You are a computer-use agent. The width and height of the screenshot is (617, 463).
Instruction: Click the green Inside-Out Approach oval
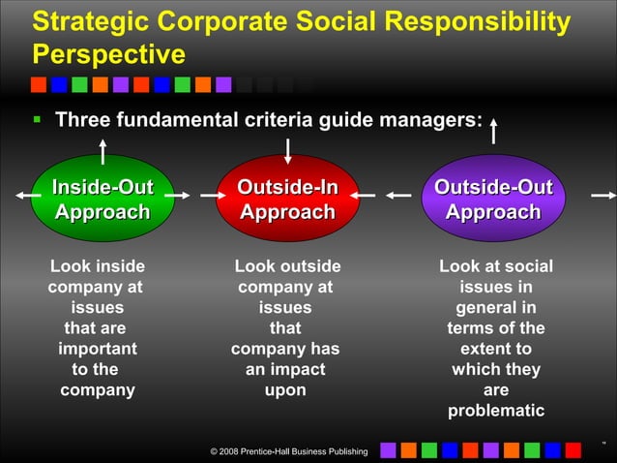coord(102,198)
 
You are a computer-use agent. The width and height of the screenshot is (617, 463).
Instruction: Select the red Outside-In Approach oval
coord(287,198)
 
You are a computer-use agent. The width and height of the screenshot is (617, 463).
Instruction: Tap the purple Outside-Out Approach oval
coord(493,198)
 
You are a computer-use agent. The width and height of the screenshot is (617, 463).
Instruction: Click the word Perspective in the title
coord(108,51)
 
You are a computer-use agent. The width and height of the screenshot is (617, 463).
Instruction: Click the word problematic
coord(495,412)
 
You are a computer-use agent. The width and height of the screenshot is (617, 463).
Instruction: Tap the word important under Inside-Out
coord(97,349)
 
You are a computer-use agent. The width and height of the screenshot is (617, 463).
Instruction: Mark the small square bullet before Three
coord(37,121)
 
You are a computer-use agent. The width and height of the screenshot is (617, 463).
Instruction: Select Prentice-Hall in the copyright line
coord(278,452)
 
